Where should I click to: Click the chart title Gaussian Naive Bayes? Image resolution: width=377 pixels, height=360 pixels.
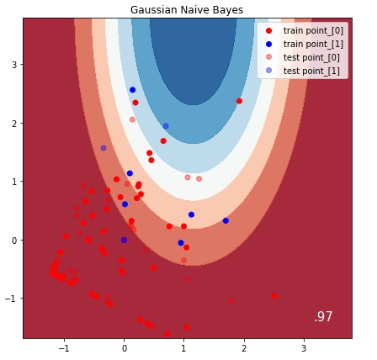187,9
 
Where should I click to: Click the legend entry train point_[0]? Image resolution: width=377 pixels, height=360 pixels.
313,30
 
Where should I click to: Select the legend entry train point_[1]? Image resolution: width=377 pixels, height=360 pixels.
313,44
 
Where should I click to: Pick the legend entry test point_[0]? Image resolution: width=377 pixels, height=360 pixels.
312,57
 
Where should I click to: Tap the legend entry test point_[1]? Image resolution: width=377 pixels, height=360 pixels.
312,71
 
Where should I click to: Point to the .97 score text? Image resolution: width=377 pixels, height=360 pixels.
323,317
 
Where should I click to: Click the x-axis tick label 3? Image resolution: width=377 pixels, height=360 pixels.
304,348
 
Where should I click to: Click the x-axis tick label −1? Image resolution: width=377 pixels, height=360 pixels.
62,348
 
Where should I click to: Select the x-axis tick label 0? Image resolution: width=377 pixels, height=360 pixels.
124,348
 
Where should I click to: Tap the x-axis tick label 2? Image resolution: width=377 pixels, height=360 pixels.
244,348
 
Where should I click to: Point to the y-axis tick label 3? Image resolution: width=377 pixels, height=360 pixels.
13,65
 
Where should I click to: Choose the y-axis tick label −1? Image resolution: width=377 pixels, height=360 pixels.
10,299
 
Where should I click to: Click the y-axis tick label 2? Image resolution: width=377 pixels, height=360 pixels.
13,124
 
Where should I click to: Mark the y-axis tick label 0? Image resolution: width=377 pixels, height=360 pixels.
13,241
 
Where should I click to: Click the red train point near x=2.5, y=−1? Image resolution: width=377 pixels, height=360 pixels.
274,296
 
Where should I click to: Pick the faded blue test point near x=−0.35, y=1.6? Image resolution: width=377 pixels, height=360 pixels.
104,148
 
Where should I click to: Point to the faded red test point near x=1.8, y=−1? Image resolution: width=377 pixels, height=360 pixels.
232,300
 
